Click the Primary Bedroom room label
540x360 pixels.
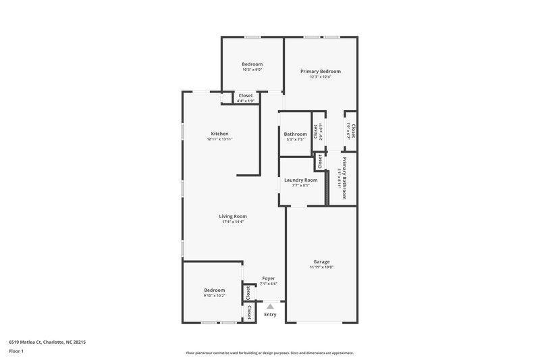[321, 71]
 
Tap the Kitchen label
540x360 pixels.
[219, 134]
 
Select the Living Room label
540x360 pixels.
[233, 216]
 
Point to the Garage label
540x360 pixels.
[322, 261]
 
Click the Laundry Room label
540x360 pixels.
[301, 180]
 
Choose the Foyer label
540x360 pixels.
[268, 278]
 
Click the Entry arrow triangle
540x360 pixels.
[270, 306]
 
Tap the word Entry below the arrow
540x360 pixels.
[270, 314]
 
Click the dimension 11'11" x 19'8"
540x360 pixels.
[322, 267]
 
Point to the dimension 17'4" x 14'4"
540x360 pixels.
[233, 222]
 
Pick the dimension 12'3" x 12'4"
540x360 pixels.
[321, 76]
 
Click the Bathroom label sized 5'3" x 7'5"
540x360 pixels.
[296, 134]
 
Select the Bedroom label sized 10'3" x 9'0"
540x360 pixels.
[252, 64]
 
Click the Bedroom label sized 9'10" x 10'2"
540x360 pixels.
[215, 290]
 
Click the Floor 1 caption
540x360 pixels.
[16, 351]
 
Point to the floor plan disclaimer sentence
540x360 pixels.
[270, 353]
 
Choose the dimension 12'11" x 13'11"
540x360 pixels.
[219, 139]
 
